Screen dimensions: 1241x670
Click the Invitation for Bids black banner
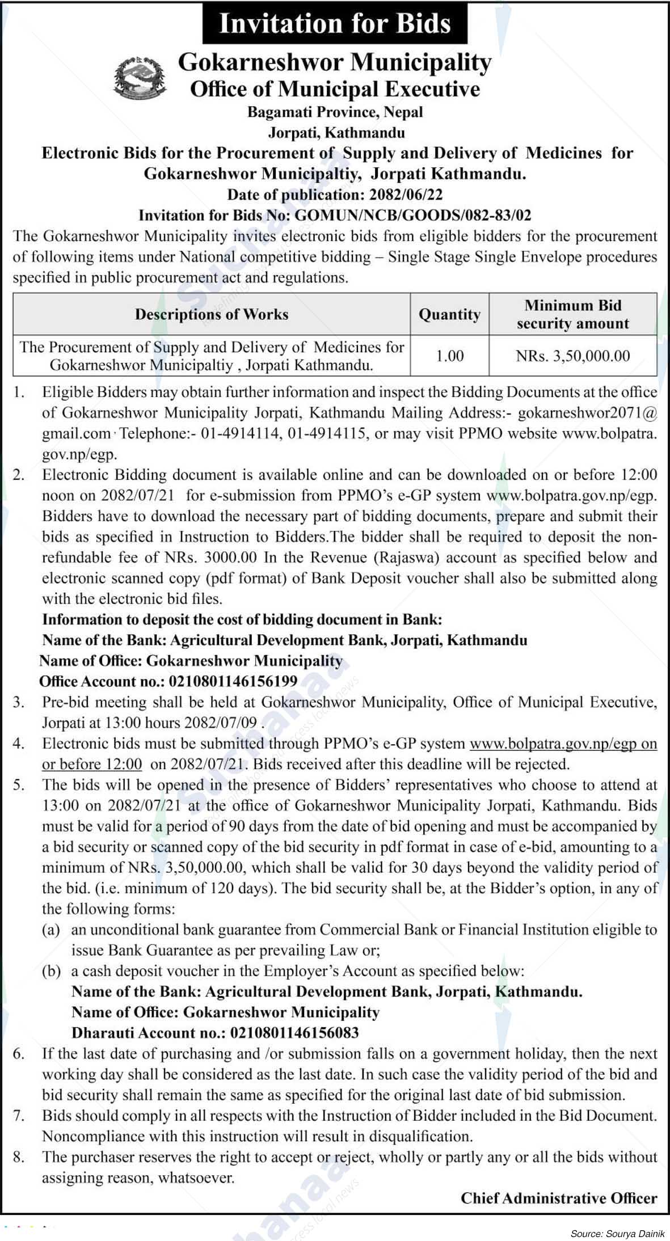click(x=335, y=23)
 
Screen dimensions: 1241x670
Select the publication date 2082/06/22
click(x=406, y=195)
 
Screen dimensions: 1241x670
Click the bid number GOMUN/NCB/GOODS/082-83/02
click(x=414, y=215)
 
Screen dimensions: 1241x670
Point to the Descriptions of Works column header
click(x=212, y=314)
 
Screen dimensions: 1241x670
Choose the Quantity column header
click(x=449, y=314)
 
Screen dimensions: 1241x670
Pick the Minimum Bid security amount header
click(x=572, y=314)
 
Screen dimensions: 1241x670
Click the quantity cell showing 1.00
click(x=449, y=356)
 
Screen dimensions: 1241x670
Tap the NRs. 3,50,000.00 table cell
click(x=572, y=356)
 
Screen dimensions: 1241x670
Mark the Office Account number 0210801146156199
click(x=233, y=681)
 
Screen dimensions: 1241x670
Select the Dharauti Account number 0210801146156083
click(x=294, y=1032)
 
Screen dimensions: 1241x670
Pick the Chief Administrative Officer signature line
click(x=558, y=1198)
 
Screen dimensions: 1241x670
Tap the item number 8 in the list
click(x=19, y=1157)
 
